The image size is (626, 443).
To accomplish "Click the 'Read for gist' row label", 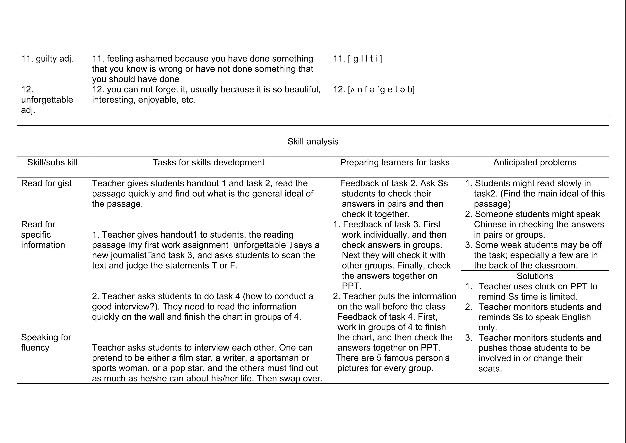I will (x=46, y=183).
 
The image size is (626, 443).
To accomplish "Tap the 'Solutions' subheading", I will (x=535, y=276).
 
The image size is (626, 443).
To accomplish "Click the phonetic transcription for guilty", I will (x=358, y=59).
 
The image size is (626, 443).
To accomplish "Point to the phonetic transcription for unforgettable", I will (x=374, y=89).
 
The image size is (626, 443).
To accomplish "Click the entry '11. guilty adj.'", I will (x=47, y=59).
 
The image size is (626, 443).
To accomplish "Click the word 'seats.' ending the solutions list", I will (x=490, y=369).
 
